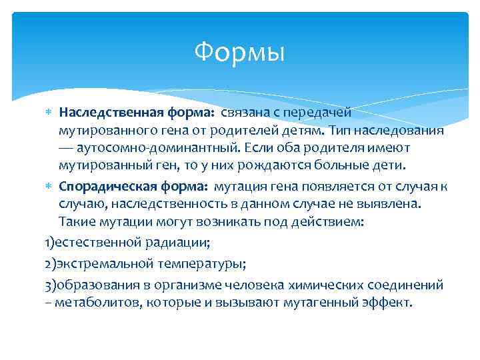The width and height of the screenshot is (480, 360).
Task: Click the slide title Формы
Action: (239, 51)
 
